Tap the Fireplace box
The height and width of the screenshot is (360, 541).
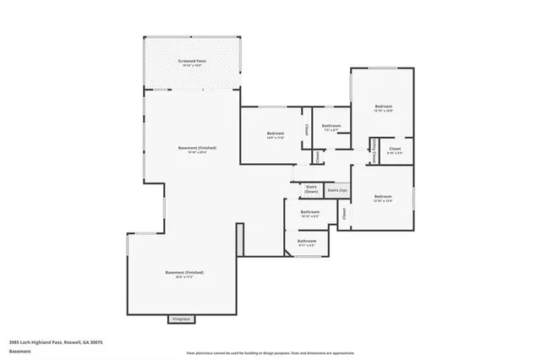tap(181, 319)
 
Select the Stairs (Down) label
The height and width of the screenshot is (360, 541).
tap(311, 190)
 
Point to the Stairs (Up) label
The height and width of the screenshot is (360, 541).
tap(337, 191)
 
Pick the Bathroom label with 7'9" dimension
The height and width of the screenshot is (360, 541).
tap(331, 127)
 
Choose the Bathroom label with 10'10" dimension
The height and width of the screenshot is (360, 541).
tap(309, 212)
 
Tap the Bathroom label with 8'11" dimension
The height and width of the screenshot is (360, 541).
tap(306, 242)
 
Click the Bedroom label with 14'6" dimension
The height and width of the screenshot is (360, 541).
tap(276, 134)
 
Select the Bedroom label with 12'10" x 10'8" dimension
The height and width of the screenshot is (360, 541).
tap(384, 107)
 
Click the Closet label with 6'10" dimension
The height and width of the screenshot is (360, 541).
tap(395, 150)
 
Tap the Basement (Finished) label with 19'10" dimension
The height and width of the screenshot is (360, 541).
tap(197, 149)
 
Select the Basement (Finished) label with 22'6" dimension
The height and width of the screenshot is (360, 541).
tap(184, 273)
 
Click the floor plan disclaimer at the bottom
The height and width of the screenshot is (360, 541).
tap(270, 351)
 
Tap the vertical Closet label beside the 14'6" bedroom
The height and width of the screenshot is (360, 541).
tap(306, 131)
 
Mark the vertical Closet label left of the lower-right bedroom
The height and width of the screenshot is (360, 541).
tap(345, 213)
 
